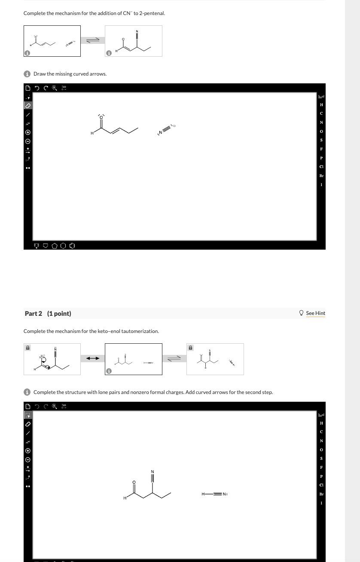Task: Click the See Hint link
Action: [315, 313]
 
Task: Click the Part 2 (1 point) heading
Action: [48, 314]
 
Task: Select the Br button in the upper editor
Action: [321, 176]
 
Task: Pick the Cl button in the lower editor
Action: [321, 485]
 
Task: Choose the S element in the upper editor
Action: [321, 140]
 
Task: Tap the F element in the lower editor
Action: [321, 467]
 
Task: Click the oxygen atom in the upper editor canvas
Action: [102, 117]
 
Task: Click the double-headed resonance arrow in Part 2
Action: [93, 358]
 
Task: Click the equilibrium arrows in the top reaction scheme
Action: [93, 40]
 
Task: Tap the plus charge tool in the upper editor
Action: [27, 132]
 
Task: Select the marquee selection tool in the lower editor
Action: [27, 415]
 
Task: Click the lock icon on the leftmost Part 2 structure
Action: [27, 348]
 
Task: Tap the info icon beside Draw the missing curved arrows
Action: [27, 74]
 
